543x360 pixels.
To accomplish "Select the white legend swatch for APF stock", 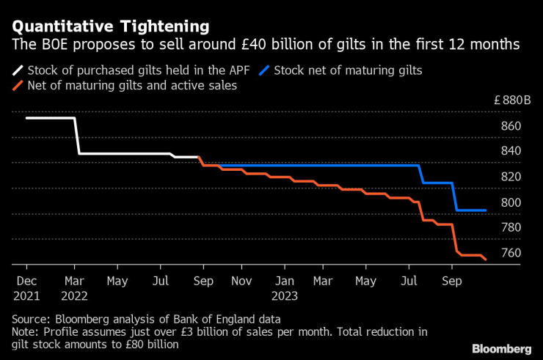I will click(15, 71).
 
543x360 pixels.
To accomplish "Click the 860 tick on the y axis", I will click(511, 127).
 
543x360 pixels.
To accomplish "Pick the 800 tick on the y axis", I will click(511, 202).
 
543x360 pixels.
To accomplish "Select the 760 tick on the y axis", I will click(511, 253).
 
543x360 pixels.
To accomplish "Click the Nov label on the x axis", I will click(242, 280).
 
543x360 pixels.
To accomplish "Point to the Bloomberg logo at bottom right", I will click(502, 348).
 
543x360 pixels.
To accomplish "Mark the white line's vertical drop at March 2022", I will click(77, 136).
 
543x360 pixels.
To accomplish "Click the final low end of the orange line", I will click(486, 259).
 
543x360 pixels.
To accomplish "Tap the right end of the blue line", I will click(486, 210).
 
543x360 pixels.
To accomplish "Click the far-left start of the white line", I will click(27, 118).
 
